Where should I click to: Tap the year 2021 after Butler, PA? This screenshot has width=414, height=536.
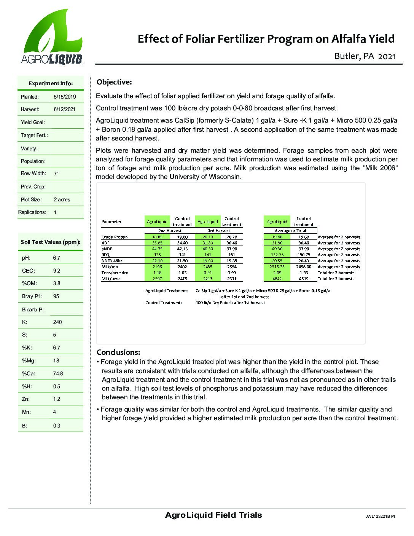(387, 56)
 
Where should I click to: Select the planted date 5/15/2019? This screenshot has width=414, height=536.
(65, 97)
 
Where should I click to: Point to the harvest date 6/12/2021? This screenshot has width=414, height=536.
(65, 109)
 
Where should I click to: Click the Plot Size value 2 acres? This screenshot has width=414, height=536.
(62, 199)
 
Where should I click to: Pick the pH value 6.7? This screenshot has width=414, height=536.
(57, 258)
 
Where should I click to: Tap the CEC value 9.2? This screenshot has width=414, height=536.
(57, 271)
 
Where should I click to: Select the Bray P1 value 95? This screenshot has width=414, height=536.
(56, 296)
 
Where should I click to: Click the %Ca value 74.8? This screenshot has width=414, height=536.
(58, 373)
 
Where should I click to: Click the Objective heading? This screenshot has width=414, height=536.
(114, 82)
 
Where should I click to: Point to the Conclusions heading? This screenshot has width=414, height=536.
(118, 352)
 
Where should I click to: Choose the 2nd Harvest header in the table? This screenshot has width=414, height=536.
(170, 231)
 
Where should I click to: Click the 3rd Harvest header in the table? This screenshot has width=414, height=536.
(219, 231)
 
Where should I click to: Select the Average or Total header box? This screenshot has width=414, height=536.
(290, 231)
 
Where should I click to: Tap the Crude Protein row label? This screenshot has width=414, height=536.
(115, 237)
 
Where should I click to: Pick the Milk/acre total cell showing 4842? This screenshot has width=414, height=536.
(277, 279)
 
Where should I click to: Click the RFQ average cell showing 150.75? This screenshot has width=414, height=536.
(303, 255)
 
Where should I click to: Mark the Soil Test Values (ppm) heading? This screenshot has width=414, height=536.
(50, 242)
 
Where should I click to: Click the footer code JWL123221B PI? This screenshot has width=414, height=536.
(380, 517)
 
